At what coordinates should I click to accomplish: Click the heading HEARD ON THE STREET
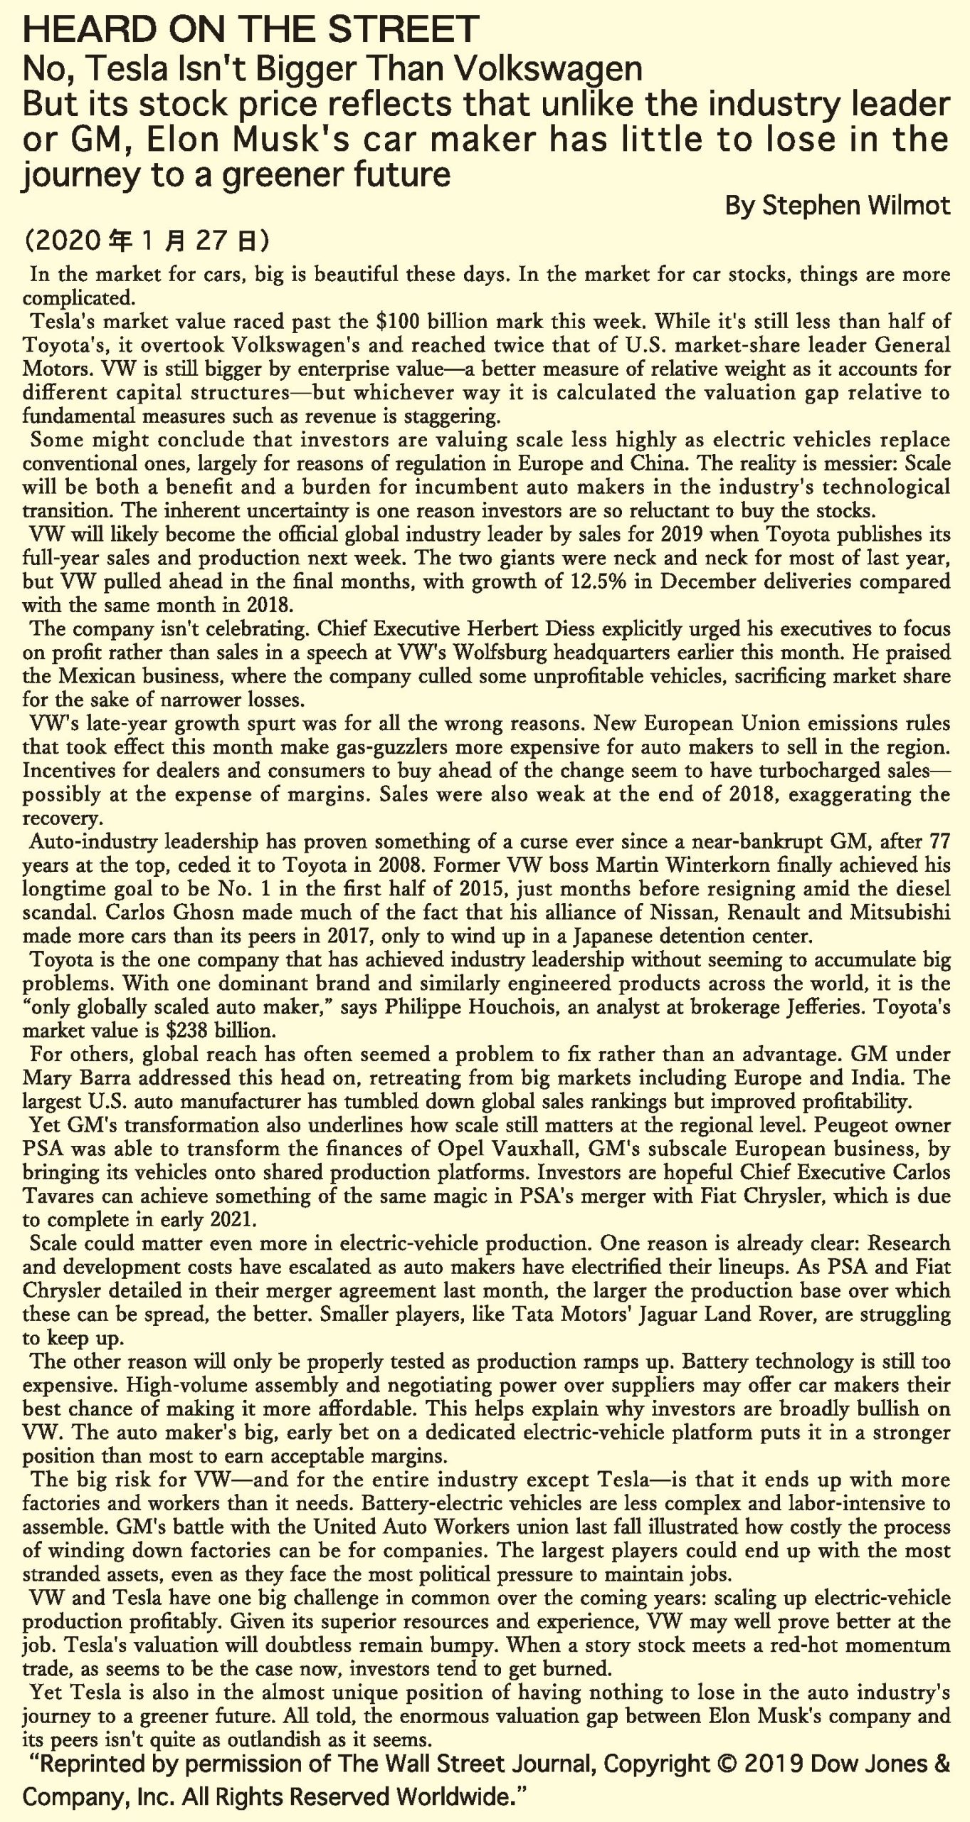click(x=251, y=30)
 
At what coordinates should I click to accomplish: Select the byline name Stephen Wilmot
click(x=856, y=206)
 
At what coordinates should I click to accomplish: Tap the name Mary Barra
click(x=71, y=1078)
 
